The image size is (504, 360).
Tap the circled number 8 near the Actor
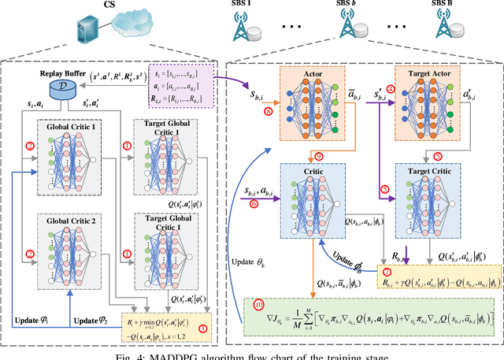point(270,113)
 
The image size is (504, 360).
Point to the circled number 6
point(253,203)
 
